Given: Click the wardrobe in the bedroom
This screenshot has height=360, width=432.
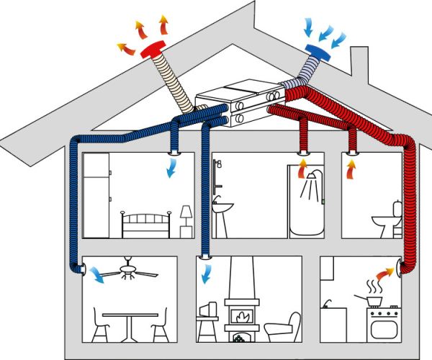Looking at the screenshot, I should tap(97, 194).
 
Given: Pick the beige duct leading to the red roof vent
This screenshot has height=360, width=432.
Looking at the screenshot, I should tap(173, 83).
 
